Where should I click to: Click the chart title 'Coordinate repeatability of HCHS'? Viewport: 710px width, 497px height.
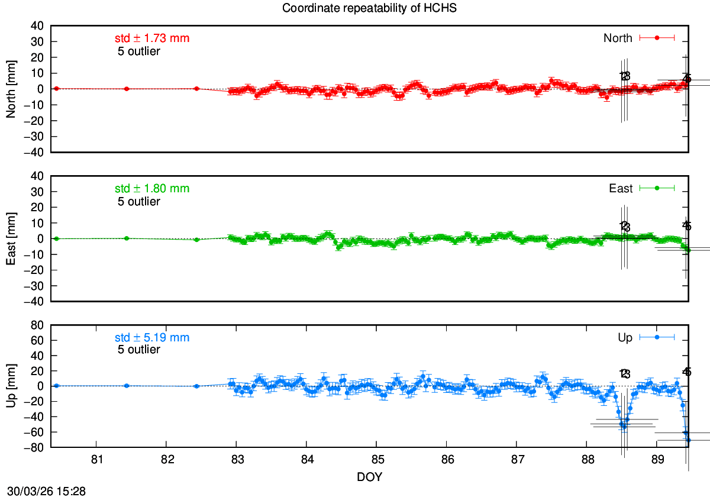[x=370, y=8]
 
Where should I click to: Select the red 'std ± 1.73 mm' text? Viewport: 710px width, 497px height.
[x=152, y=38]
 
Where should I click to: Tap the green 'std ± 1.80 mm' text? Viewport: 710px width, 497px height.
[x=152, y=189]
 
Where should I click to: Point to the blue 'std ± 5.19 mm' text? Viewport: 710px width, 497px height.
[x=152, y=338]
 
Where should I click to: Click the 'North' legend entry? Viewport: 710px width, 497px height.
[x=618, y=38]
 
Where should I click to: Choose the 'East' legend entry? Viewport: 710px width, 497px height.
[x=621, y=189]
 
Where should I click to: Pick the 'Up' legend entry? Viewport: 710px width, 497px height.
[x=625, y=338]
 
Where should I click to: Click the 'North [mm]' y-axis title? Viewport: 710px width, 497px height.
[x=11, y=89]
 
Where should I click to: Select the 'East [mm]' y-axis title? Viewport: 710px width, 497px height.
[x=11, y=238]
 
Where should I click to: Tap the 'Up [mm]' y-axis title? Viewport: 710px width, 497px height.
[x=11, y=386]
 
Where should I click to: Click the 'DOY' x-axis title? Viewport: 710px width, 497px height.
[x=369, y=477]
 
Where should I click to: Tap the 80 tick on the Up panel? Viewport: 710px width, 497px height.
[x=38, y=325]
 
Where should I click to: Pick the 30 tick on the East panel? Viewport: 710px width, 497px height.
[x=38, y=192]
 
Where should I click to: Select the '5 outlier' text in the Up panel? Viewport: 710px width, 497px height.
[x=139, y=350]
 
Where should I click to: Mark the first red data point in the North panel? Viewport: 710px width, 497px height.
[x=56, y=88]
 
